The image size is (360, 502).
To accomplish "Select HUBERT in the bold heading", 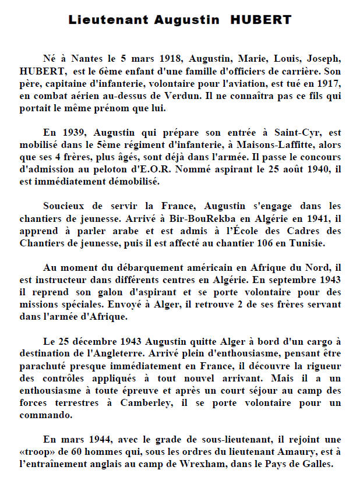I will (x=261, y=20).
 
